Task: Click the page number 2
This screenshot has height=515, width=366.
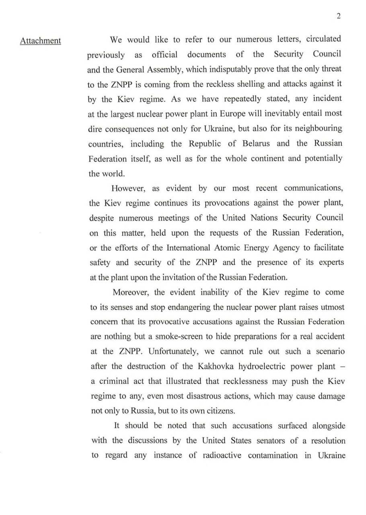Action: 339,16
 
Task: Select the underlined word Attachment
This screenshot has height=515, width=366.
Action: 41,41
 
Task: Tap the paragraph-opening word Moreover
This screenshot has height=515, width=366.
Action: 131,292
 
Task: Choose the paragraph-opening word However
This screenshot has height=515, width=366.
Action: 129,188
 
